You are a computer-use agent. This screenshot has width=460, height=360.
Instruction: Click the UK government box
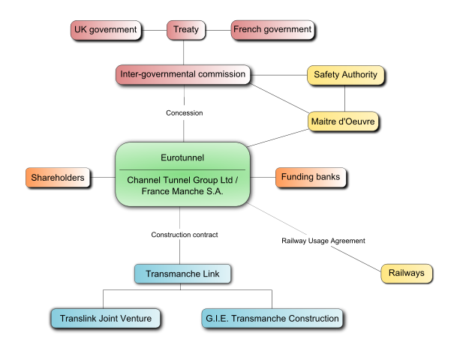[106, 30]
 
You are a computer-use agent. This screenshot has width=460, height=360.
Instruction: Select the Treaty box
[186, 30]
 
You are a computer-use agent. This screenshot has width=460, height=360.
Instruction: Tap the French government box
[272, 30]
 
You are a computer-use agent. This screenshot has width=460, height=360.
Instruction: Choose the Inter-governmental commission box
[183, 75]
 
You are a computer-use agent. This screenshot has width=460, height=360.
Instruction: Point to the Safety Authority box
[345, 75]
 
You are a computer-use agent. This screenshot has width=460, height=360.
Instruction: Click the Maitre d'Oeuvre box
[343, 121]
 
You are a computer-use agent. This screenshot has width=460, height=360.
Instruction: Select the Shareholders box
[58, 178]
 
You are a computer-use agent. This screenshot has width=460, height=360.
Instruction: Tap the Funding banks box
[311, 178]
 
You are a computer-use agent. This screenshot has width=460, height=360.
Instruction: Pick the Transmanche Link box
[182, 274]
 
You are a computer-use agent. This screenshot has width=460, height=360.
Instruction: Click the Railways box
[407, 273]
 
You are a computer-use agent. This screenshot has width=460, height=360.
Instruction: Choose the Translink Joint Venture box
[106, 319]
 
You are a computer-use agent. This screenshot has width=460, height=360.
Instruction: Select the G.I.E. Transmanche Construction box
[272, 319]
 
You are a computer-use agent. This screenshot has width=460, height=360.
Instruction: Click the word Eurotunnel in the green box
[182, 158]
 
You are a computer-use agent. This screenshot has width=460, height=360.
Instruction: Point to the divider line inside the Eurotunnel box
[182, 170]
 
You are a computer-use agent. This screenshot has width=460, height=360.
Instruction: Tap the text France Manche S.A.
[182, 192]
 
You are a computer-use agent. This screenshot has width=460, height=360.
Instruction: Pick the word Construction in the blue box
[312, 319]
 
